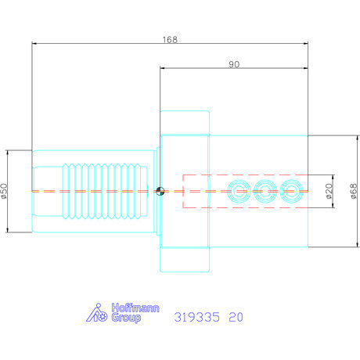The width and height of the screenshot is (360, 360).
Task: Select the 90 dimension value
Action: [x=234, y=64]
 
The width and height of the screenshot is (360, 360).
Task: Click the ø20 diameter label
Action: [x=329, y=190]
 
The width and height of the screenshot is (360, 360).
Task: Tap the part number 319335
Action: [x=196, y=318]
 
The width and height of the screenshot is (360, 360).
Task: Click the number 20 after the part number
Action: [x=236, y=318]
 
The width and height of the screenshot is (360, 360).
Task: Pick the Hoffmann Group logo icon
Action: [x=95, y=313]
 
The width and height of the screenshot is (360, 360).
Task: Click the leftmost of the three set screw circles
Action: [x=236, y=190]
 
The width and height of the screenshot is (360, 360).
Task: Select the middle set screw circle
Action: [x=264, y=190]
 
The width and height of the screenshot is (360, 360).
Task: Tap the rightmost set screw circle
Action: [x=292, y=190]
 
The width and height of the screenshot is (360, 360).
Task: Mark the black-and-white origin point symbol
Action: [x=160, y=190]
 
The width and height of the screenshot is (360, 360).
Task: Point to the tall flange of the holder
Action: [x=185, y=190]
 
